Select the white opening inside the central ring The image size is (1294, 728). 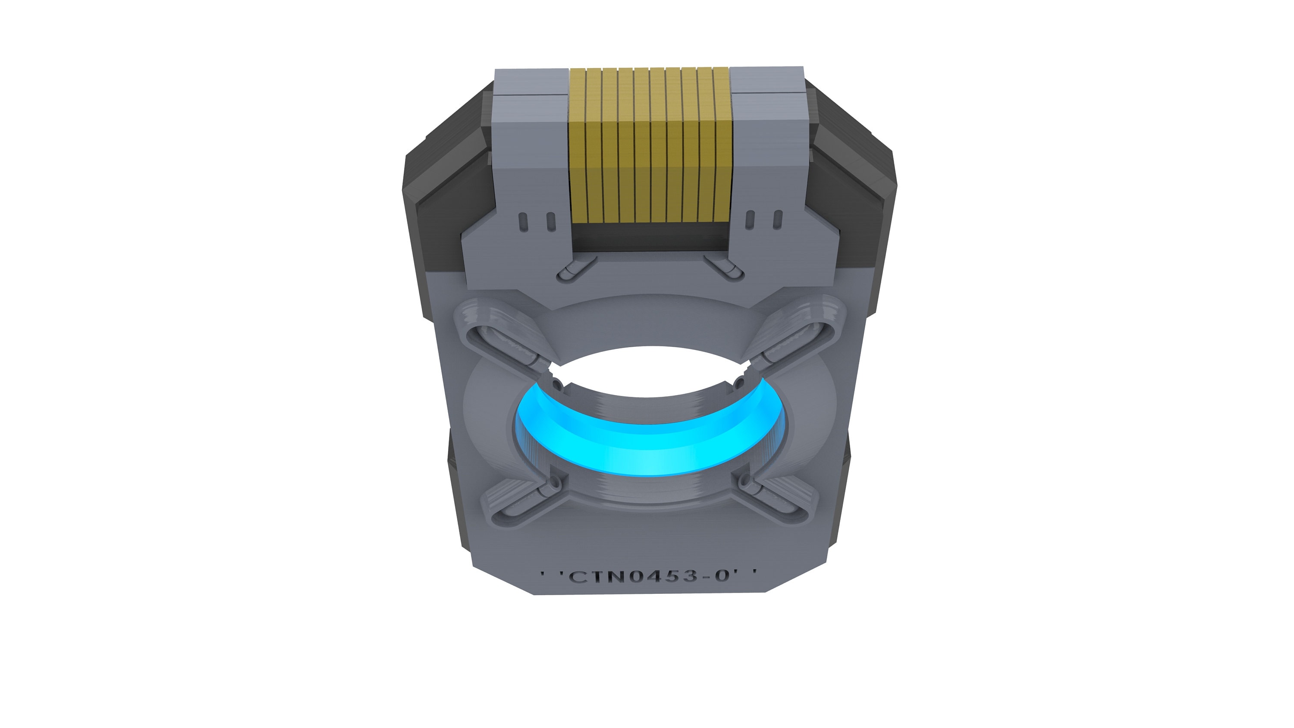pyautogui.click(x=648, y=372)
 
